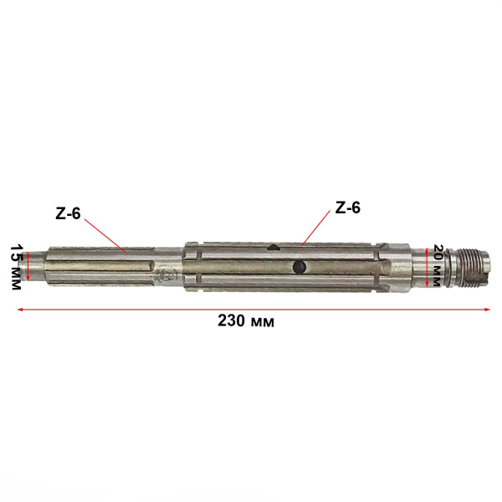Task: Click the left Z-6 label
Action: [68, 213]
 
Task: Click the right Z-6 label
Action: [347, 207]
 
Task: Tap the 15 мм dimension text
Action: [15, 267]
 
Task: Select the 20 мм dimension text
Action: [437, 265]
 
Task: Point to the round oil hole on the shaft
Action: [299, 267]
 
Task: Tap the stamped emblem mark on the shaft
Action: [170, 274]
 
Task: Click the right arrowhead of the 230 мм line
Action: [488, 310]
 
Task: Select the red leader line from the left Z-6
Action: [105, 235]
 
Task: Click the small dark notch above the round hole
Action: [273, 247]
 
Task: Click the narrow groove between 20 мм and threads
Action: [448, 267]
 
